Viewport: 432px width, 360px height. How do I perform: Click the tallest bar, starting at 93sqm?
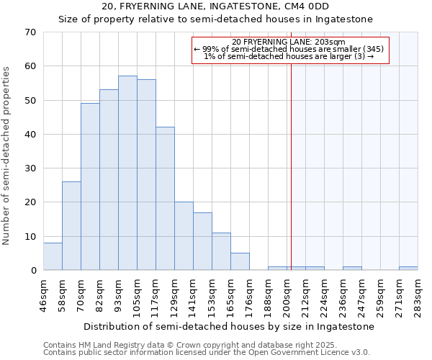(x=127, y=173)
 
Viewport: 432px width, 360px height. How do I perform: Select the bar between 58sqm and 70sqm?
(x=71, y=226)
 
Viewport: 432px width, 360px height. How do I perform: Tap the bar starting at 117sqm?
(x=165, y=199)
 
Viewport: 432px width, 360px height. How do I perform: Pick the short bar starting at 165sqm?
(x=240, y=262)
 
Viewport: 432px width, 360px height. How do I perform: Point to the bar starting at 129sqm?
(x=184, y=236)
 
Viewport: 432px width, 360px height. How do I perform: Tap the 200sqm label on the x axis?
(x=287, y=294)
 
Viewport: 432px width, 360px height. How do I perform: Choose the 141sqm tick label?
(x=194, y=294)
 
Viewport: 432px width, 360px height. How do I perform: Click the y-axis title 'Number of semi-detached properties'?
(x=7, y=156)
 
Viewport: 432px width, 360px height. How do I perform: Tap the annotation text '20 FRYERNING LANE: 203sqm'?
(x=289, y=42)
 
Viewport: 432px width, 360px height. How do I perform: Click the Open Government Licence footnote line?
(x=207, y=353)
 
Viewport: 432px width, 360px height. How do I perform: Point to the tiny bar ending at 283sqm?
(x=408, y=269)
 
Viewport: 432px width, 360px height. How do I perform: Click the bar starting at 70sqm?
(x=90, y=187)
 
